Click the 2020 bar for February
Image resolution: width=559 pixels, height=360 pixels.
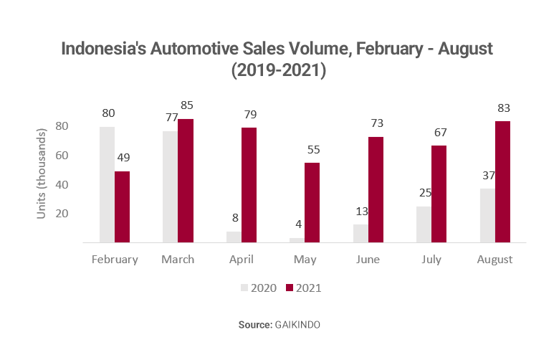tap(107, 184)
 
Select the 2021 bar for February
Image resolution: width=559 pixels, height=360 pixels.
tap(122, 207)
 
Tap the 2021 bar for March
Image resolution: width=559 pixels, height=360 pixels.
tap(185, 181)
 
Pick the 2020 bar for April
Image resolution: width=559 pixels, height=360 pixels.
tap(233, 237)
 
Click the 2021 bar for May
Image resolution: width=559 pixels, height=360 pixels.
tap(312, 202)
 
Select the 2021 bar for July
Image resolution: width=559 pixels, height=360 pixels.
tap(439, 194)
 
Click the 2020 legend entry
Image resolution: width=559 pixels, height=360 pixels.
tap(254, 288)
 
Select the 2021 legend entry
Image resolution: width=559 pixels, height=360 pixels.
tap(304, 288)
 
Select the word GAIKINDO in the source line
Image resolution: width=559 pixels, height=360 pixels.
tap(297, 325)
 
